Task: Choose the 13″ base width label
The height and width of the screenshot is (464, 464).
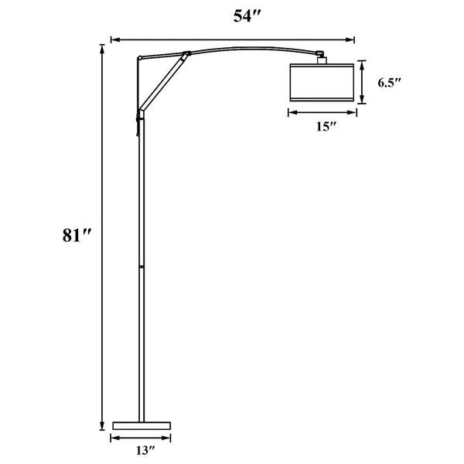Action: point(140,449)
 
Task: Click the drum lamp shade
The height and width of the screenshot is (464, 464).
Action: point(322,83)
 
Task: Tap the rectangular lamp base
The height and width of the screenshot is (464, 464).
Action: point(140,425)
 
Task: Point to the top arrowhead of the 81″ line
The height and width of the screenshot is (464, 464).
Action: point(101,47)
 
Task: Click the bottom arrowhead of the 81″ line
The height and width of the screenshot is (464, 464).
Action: point(101,427)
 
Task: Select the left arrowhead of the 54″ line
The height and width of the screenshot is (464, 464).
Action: point(114,38)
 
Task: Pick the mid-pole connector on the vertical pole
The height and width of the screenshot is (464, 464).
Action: point(141,266)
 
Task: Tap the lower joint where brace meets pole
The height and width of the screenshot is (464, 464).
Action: point(141,111)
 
